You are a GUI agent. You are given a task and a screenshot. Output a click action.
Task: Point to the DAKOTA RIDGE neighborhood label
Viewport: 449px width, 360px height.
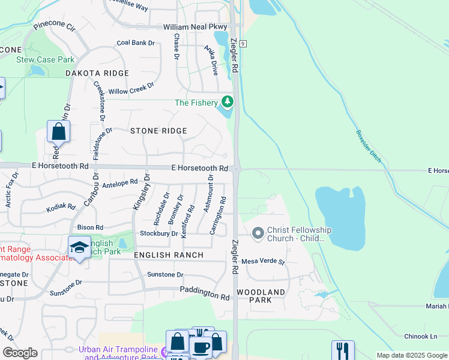pos(97,73)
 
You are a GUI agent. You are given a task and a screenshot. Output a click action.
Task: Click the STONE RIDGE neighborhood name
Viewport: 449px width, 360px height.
pos(158,131)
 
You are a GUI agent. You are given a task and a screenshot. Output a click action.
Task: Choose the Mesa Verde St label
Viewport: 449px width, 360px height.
pos(262,262)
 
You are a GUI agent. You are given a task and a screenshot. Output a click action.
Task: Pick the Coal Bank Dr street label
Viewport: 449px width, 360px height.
pos(136,43)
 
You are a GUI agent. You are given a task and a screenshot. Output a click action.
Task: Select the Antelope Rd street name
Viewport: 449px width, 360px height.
pos(120,182)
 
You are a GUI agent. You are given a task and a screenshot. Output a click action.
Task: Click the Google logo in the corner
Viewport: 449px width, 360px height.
pos(20,353)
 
